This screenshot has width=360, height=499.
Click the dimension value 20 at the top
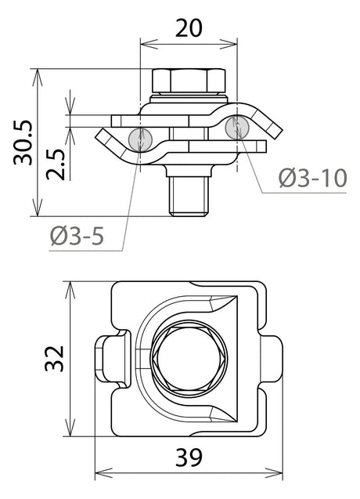pyautogui.click(x=189, y=28)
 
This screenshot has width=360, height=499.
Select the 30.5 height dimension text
pyautogui.click(x=23, y=143)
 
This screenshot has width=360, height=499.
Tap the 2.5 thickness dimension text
pyautogui.click(x=56, y=165)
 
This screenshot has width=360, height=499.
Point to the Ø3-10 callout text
pyautogui.click(x=312, y=179)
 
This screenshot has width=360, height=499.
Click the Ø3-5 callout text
pyautogui.click(x=77, y=237)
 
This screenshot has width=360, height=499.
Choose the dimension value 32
pyautogui.click(x=54, y=358)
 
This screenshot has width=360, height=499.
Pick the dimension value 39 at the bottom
pyautogui.click(x=189, y=457)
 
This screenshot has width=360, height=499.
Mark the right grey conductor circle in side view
pyautogui.click(x=237, y=127)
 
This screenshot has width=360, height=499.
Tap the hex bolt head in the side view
pyautogui.click(x=189, y=81)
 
